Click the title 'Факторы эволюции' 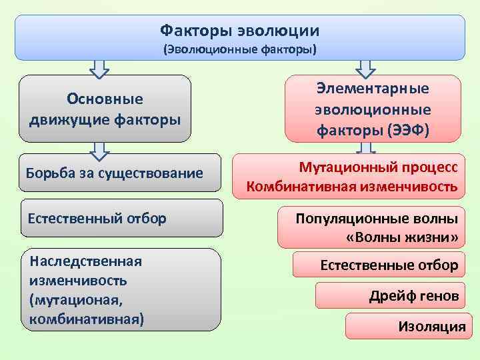(240, 31)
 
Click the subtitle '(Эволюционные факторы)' (240, 49)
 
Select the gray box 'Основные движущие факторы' (105, 109)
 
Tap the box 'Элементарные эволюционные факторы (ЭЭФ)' (373, 109)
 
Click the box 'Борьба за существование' (114, 174)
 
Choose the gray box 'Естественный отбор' (122, 218)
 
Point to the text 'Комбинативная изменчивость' (352, 187)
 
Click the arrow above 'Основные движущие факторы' (99, 67)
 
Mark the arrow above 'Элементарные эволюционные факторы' (366, 67)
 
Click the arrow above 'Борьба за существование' (99, 151)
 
